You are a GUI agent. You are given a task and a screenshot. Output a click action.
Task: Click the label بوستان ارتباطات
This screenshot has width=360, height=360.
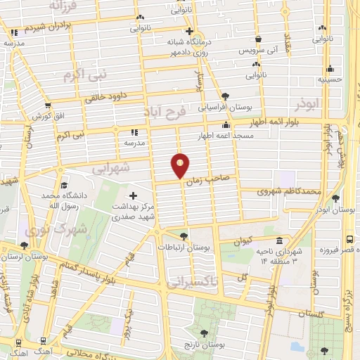[193, 248]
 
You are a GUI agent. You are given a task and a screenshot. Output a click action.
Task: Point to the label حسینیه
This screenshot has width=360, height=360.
[330, 80]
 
